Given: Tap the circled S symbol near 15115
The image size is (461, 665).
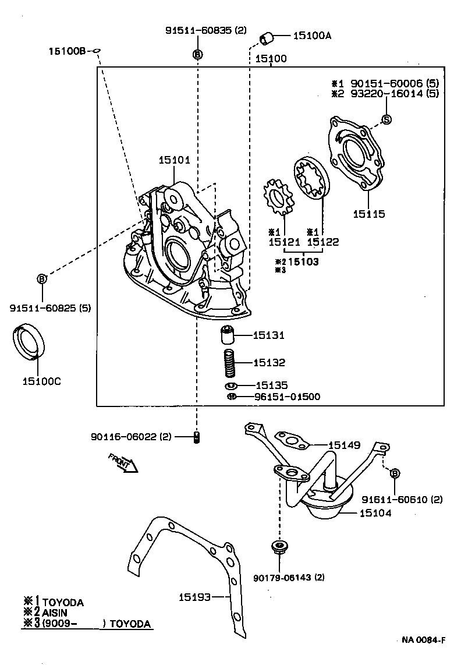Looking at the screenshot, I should coord(386,119).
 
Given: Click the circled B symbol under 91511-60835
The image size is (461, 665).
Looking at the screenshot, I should coord(197,54).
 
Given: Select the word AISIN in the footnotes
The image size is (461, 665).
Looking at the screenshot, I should coord(55,613).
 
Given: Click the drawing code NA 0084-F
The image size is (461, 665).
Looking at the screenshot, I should coord(423,641).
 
